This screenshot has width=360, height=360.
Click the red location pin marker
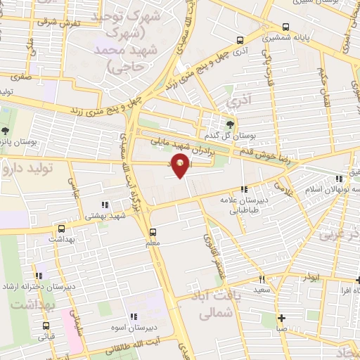tap(182, 167)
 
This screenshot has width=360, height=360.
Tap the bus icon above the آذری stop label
tap(240, 40)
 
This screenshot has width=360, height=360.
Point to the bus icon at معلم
tap(153, 231)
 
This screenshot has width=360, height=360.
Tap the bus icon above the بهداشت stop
tap(61, 229)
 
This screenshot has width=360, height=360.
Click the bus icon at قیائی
tap(46, 326)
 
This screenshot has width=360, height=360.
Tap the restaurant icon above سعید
tap(262, 278)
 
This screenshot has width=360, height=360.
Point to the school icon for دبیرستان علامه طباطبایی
tap(244, 189)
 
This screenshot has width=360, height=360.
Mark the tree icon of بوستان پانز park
tap(5, 131)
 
